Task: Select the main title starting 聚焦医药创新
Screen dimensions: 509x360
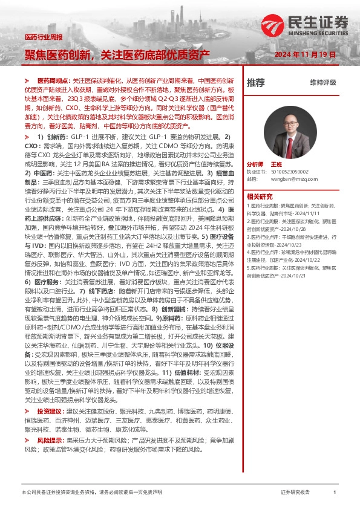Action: [117, 54]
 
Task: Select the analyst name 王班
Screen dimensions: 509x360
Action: [293, 164]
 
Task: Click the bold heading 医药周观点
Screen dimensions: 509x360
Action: [54, 80]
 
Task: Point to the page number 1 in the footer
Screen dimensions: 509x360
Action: [335, 493]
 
